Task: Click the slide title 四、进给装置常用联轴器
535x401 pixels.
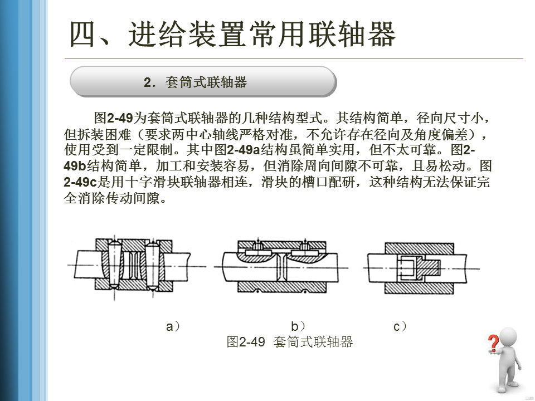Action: [232, 35]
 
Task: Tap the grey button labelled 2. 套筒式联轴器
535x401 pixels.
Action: [203, 82]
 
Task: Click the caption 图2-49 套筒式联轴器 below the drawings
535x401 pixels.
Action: [290, 342]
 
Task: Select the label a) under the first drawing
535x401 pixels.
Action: [173, 327]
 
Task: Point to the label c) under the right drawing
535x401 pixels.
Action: [400, 327]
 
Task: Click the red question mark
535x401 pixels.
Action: [493, 343]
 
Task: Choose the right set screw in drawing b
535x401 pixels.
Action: [306, 246]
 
